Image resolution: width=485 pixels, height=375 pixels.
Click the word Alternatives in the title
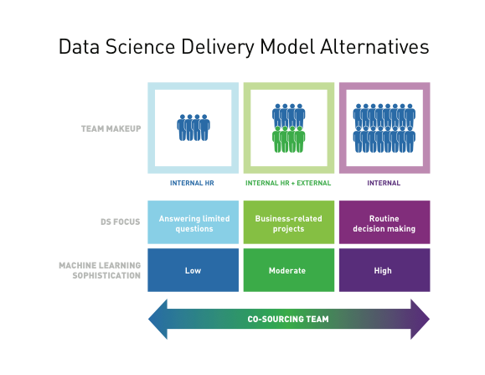coord(374,47)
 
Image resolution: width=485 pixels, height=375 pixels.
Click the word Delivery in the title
coord(218,47)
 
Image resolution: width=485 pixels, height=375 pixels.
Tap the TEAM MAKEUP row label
coord(111,128)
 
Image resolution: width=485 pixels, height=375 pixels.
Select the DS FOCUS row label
coord(121,221)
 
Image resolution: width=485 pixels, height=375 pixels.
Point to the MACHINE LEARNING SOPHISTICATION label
coord(100,270)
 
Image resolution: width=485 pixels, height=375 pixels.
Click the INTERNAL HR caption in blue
coord(192,183)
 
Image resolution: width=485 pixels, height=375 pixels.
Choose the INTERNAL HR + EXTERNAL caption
coord(288,183)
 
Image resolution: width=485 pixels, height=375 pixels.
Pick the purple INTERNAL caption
coord(384,183)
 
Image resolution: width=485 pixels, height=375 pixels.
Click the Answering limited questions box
coord(193,222)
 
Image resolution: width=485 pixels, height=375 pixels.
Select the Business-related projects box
coord(289,222)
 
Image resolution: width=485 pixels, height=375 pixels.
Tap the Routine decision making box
coord(384,222)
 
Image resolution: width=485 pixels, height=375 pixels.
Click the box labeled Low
coord(193,270)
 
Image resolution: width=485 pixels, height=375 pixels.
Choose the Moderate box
coord(289,270)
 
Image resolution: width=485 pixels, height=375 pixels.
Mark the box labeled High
coord(384,270)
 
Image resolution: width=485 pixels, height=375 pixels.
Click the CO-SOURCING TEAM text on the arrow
coord(288,319)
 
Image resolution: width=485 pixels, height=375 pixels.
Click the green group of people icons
coord(289,139)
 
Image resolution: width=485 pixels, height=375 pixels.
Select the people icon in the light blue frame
coord(193,128)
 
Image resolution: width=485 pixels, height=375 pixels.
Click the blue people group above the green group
coord(289,115)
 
